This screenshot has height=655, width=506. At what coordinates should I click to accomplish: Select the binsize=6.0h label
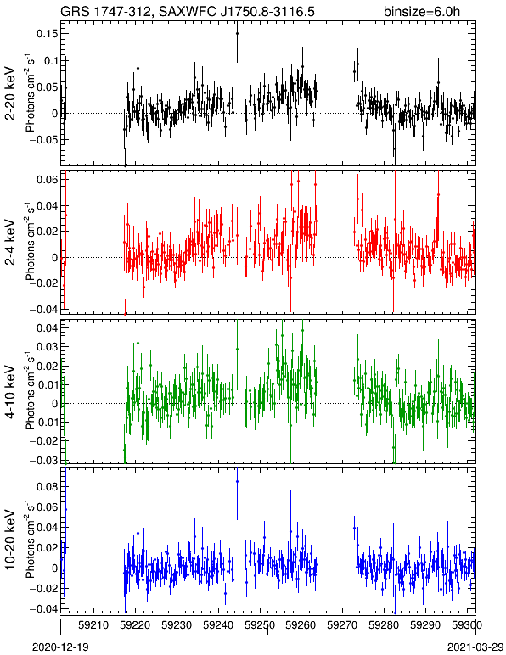(x=422, y=11)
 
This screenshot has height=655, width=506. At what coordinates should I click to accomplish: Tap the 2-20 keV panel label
(x=11, y=93)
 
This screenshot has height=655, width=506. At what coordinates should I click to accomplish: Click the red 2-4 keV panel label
(x=11, y=243)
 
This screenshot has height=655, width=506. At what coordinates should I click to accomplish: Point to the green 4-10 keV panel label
(x=11, y=391)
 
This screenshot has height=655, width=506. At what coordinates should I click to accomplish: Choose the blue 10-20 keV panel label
(x=11, y=540)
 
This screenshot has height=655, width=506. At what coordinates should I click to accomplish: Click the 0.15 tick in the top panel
(x=47, y=34)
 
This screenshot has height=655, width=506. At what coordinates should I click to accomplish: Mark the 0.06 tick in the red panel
(x=47, y=180)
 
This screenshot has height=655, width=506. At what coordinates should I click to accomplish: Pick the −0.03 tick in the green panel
(x=43, y=460)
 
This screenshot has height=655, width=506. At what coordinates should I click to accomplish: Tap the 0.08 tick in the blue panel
(x=47, y=487)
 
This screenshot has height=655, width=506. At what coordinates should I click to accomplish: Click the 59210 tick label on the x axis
(x=94, y=625)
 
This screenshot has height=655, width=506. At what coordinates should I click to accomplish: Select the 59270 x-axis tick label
(x=342, y=625)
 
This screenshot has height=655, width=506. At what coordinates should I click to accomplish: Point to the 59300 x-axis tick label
(x=467, y=625)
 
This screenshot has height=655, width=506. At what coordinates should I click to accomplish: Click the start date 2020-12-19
(x=60, y=647)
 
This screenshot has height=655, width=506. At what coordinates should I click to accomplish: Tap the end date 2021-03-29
(x=475, y=647)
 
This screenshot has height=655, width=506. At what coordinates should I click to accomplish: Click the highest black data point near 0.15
(x=238, y=33)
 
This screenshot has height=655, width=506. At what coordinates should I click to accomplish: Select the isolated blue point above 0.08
(x=238, y=481)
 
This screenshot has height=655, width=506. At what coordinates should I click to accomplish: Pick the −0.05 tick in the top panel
(x=43, y=139)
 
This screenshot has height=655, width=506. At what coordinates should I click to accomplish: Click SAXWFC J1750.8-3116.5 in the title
(x=237, y=11)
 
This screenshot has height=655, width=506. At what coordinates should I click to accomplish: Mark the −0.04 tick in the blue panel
(x=43, y=609)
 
